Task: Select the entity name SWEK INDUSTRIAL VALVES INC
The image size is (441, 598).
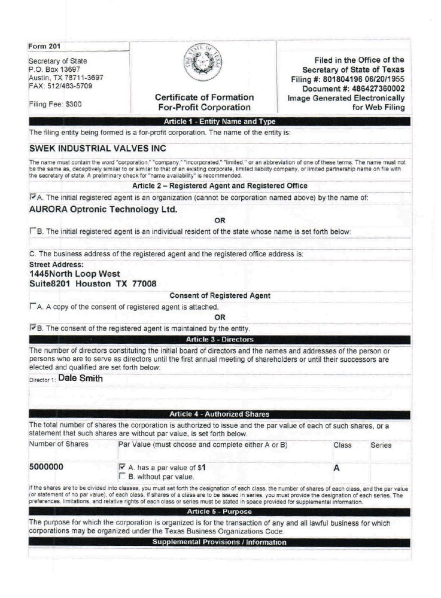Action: pyautogui.click(x=97, y=148)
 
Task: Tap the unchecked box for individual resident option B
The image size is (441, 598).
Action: pyautogui.click(x=32, y=231)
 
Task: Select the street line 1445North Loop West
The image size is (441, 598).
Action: pyautogui.click(x=74, y=274)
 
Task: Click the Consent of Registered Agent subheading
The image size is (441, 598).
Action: pyautogui.click(x=220, y=295)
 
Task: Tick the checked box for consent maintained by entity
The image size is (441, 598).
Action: pyautogui.click(x=32, y=328)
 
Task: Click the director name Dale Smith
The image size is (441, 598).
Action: pyautogui.click(x=81, y=378)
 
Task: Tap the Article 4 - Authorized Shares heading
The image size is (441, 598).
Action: pyautogui.click(x=219, y=414)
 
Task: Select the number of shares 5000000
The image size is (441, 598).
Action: pyautogui.click(x=49, y=466)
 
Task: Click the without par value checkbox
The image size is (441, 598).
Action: pyautogui.click(x=123, y=477)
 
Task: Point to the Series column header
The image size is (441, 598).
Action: pyautogui.click(x=382, y=445)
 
